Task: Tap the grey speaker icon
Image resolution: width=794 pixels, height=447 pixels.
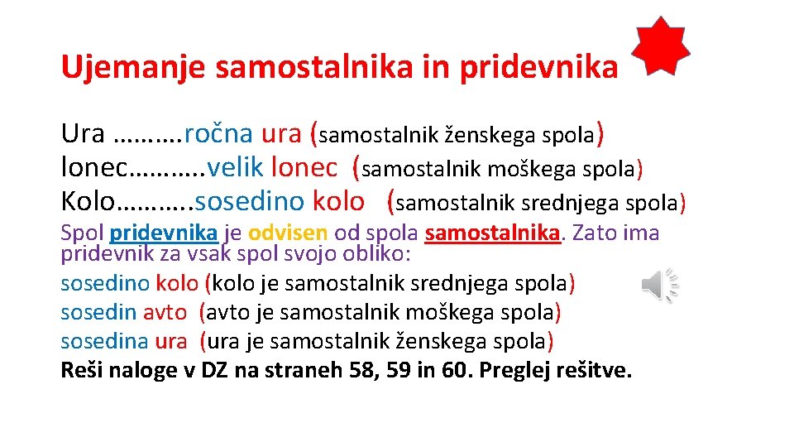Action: [x=659, y=286]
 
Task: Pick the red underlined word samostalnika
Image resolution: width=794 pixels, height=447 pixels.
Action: [x=494, y=233]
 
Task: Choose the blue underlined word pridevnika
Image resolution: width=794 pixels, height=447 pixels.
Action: [x=163, y=233]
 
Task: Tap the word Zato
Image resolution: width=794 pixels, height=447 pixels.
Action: [x=594, y=233]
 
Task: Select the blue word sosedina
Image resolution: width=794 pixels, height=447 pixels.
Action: [x=104, y=340]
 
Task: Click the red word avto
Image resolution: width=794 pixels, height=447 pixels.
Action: [x=165, y=312]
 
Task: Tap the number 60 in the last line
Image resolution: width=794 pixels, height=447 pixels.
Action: [x=454, y=370]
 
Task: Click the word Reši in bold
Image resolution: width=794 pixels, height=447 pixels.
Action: [x=80, y=370]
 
